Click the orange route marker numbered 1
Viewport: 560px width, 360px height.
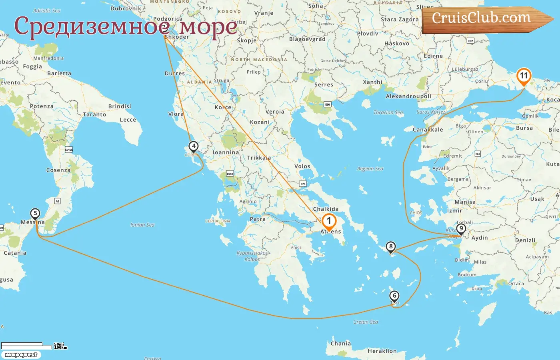click(x=329, y=221)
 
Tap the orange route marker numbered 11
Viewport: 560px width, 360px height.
click(x=524, y=76)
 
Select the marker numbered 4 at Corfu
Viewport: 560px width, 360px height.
click(x=194, y=146)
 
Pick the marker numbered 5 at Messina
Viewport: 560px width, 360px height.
click(x=35, y=214)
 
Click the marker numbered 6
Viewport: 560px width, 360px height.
click(x=394, y=296)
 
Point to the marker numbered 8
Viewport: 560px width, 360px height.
click(x=391, y=246)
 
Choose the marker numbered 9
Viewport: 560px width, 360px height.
click(x=461, y=229)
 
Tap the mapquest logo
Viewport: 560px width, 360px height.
click(x=21, y=355)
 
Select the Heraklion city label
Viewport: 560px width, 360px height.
click(x=382, y=351)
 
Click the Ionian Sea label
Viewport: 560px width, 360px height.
click(x=142, y=225)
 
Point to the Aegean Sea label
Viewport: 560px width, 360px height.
click(x=370, y=169)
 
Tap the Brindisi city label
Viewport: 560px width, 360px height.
click(x=120, y=106)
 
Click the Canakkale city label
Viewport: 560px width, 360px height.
click(x=428, y=130)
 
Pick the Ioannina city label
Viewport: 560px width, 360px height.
click(x=226, y=152)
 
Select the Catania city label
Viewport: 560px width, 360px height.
click(x=15, y=253)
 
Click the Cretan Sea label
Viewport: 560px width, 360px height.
click(x=366, y=322)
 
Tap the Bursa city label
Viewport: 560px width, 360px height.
click(x=524, y=128)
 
